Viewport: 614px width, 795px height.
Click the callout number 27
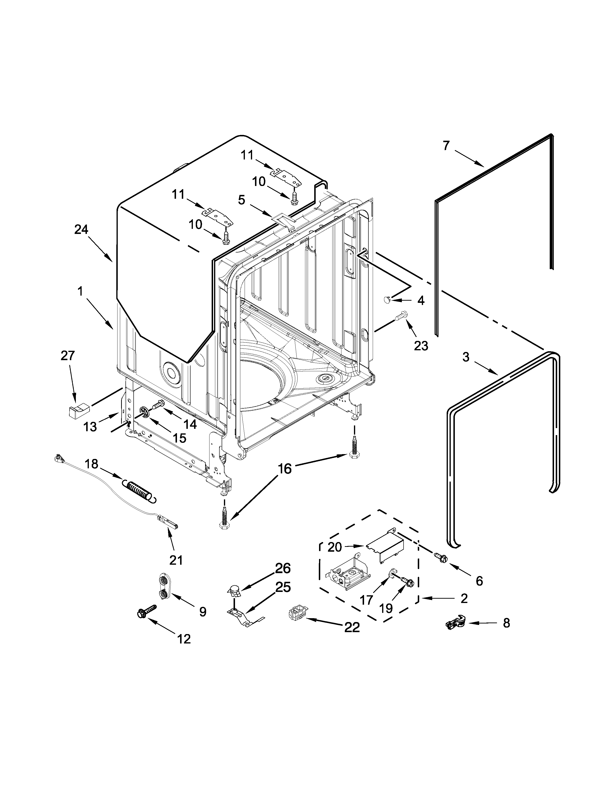68,355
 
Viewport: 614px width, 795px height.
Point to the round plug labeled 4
387,300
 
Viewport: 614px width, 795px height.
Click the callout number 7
446,146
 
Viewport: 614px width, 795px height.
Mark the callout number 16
285,469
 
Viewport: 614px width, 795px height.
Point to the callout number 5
242,199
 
